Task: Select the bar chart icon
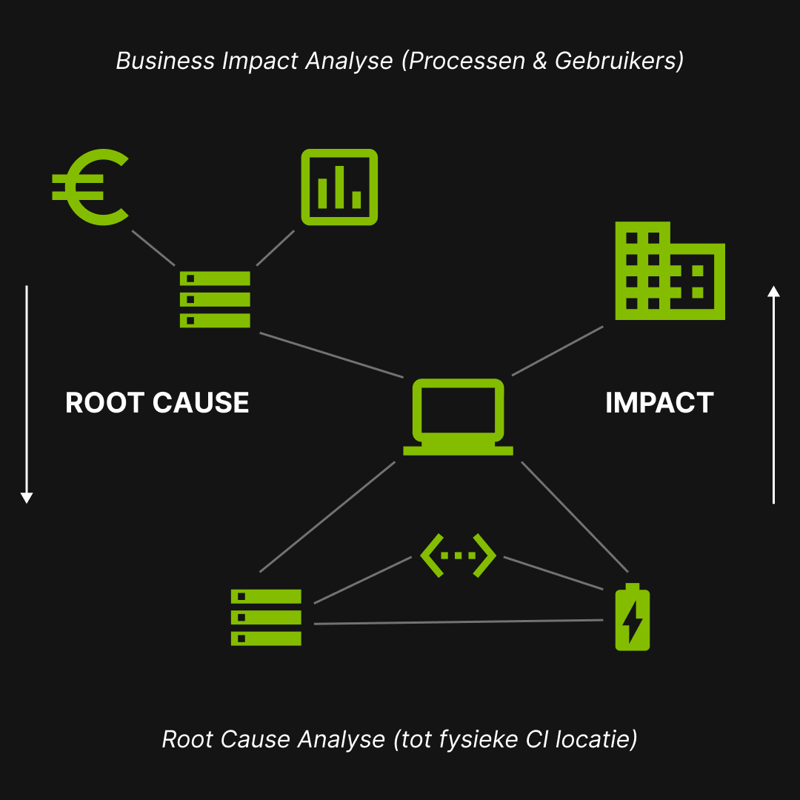[x=339, y=187]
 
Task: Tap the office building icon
[x=670, y=271]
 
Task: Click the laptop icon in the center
[x=458, y=416]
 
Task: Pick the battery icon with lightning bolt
[x=633, y=618]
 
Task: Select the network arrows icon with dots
[x=458, y=555]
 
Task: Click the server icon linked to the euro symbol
[x=215, y=299]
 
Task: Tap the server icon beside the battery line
[x=266, y=617]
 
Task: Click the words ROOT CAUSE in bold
[x=157, y=403]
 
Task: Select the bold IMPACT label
[x=659, y=403]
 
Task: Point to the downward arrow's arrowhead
[x=27, y=498]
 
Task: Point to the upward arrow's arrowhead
[x=773, y=291]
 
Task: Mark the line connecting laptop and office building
[x=557, y=350]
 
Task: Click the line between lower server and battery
[x=458, y=622]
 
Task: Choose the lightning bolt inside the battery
[x=633, y=621]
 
